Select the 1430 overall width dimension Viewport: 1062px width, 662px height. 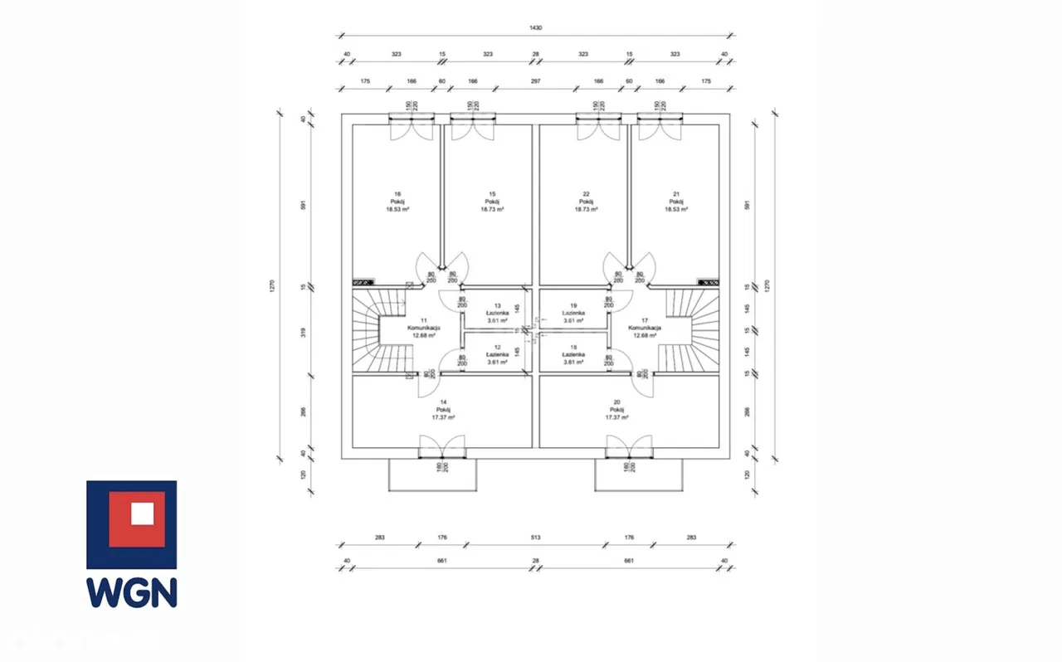(x=535, y=28)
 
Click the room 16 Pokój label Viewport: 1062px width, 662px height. (x=397, y=202)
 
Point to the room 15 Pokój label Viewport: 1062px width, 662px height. (x=492, y=202)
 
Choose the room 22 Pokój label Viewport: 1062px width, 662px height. (x=587, y=202)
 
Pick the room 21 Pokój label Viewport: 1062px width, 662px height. (x=676, y=202)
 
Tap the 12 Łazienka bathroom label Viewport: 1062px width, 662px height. (x=497, y=354)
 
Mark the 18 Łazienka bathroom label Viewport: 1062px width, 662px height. (x=572, y=354)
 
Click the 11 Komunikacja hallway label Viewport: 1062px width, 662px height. (x=423, y=328)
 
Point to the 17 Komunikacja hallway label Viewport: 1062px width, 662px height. (x=645, y=328)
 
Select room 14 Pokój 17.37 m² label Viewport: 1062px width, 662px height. (x=443, y=410)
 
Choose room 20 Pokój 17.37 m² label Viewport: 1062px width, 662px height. (x=616, y=410)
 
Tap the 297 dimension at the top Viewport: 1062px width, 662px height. (x=535, y=81)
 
